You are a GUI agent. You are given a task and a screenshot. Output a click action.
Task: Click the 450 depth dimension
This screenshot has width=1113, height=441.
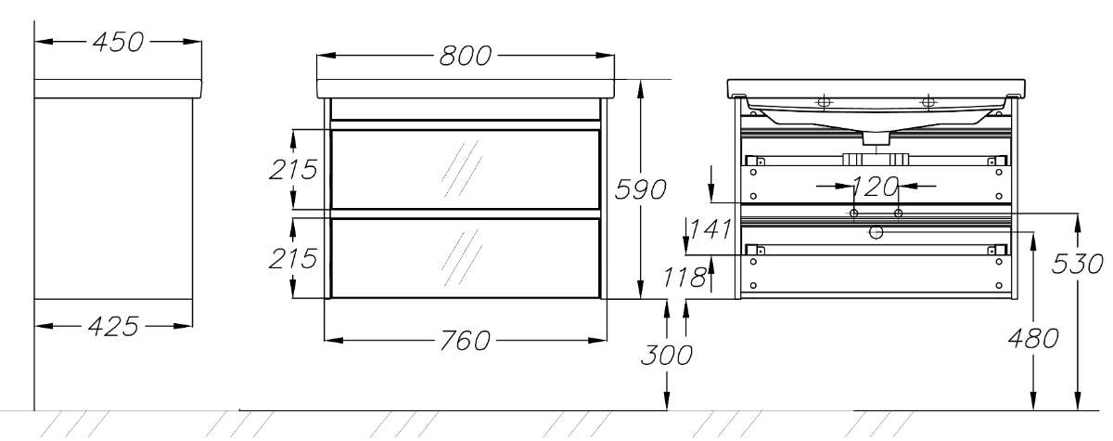(x=117, y=43)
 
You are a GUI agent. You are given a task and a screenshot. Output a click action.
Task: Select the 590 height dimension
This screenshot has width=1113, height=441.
(x=641, y=189)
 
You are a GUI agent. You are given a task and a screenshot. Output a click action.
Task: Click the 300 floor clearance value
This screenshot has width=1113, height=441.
(x=670, y=355)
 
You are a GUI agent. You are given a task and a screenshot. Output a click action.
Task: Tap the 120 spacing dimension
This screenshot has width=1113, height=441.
(x=875, y=187)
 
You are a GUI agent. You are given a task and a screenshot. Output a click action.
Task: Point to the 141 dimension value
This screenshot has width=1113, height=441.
(x=710, y=228)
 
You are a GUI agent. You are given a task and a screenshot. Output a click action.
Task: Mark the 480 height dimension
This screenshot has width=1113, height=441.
(x=1033, y=338)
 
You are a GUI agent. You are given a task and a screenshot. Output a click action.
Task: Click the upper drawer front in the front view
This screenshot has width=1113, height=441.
(x=465, y=170)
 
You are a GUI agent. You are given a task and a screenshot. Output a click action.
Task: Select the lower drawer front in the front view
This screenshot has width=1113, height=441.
(x=465, y=257)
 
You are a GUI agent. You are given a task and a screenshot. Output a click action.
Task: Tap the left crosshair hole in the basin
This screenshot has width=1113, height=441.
(x=822, y=101)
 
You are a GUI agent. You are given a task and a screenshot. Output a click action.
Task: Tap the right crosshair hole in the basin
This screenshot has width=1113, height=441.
(x=927, y=101)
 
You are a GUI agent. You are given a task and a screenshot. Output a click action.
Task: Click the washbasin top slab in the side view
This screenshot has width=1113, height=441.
(x=117, y=88)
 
